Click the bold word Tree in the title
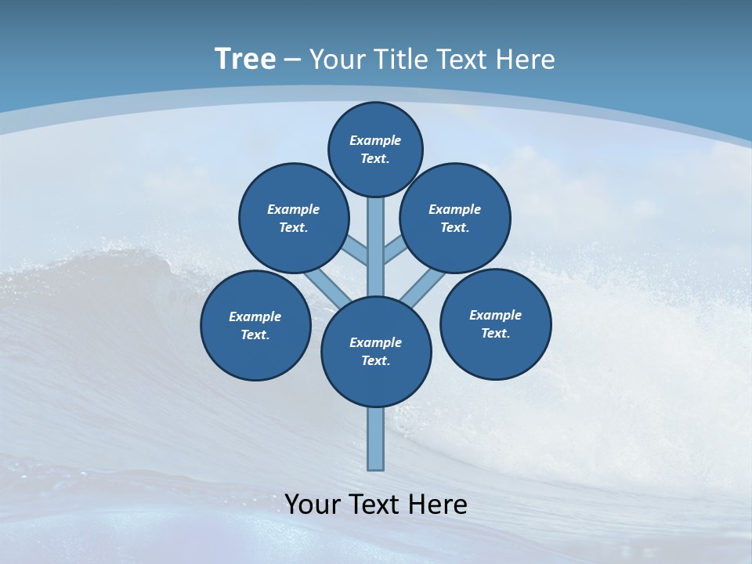245,59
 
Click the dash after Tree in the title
292,60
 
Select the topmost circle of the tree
375,149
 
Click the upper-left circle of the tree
294,218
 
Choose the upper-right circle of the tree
455,218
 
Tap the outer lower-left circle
255,325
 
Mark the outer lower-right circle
495,324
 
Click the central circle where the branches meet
376,352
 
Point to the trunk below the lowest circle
376,439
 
